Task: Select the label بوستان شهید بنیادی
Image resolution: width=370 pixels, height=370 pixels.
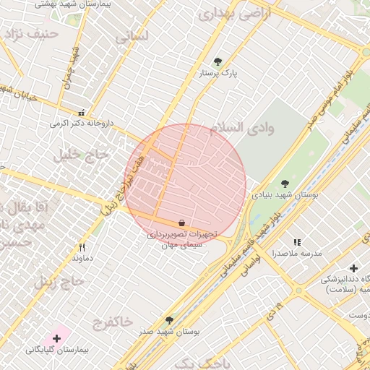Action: click(x=285, y=195)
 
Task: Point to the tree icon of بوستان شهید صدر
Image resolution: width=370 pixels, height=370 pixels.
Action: click(x=169, y=319)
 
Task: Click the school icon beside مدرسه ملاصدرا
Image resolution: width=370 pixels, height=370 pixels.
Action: click(x=297, y=242)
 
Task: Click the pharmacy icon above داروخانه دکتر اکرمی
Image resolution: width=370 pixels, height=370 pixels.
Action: click(x=81, y=113)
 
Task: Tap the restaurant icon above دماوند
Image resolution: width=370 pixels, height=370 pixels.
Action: click(x=82, y=246)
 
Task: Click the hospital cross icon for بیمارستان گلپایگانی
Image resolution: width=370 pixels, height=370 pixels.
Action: click(x=56, y=337)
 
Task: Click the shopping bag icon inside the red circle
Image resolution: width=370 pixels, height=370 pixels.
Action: click(x=181, y=223)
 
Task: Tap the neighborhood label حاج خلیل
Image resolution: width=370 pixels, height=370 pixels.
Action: click(x=80, y=155)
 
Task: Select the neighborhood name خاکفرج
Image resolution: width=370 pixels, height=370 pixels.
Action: click(x=113, y=321)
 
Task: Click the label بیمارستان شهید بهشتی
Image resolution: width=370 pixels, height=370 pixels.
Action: click(x=47, y=5)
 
